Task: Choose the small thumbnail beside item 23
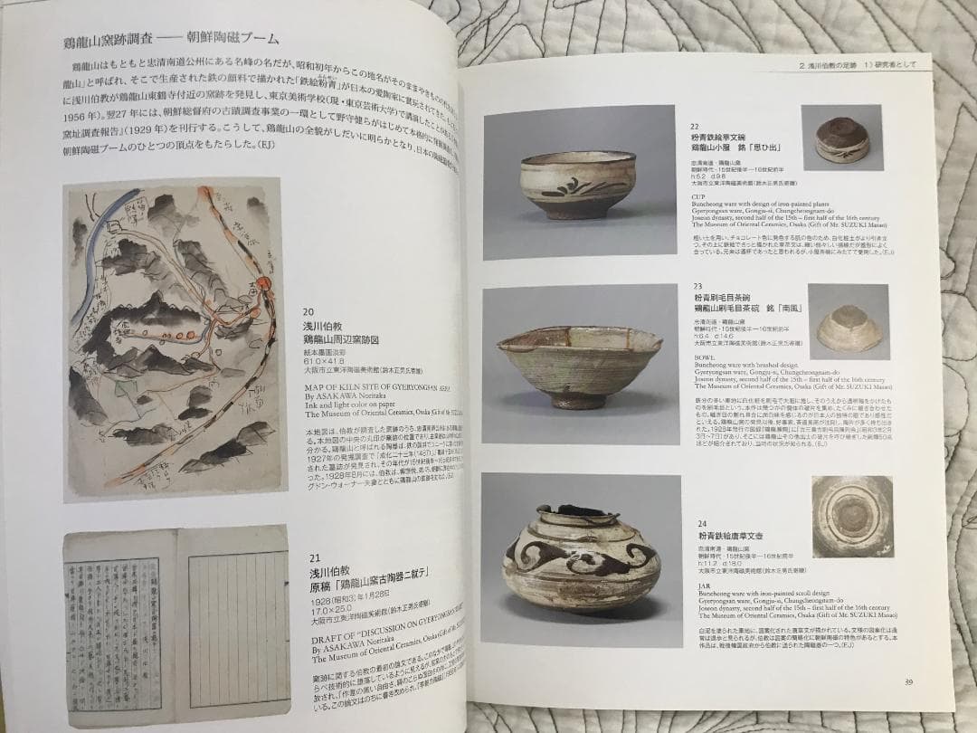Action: coord(849,322)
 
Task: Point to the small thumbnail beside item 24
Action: coord(851,517)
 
